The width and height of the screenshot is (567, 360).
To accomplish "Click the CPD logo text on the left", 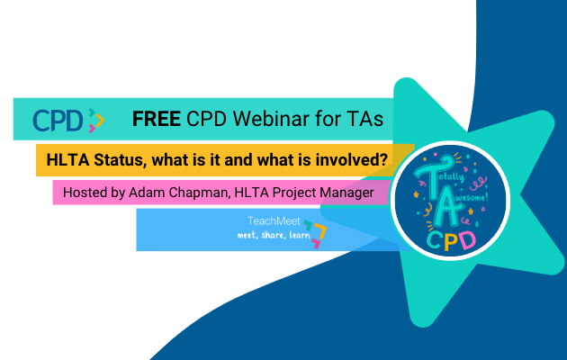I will pos(58,119).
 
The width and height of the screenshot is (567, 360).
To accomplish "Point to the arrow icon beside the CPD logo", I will pos(96,119).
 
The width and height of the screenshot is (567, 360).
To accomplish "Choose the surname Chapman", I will pos(204,193).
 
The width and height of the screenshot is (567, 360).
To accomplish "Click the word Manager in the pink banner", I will pos(357,193).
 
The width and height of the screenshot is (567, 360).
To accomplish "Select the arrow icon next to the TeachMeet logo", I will pos(315,230).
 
